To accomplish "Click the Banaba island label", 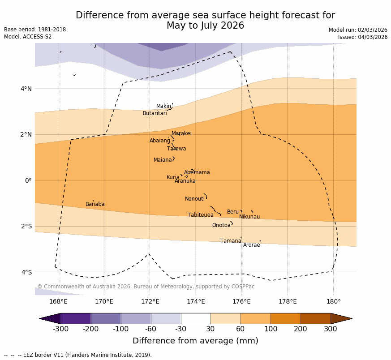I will coord(95,205).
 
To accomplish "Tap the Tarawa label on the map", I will coord(176,149).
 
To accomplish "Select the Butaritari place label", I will coord(155,114).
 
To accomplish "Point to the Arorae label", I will coord(251,245).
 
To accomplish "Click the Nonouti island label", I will coord(195,199).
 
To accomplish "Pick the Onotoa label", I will coord(221,226).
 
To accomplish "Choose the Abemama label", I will coord(197,173).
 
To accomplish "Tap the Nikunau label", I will coord(249,217).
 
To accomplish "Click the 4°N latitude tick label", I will coord(26,89).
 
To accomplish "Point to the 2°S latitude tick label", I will coord(26,227).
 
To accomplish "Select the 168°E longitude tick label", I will coord(58,302).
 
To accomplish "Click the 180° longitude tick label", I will coord(333,302).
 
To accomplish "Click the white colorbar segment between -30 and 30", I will coord(196,318).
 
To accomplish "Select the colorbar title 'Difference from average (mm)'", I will coord(195,341).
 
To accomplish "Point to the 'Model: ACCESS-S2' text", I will coord(28,37).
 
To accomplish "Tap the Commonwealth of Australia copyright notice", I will coord(146,287).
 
